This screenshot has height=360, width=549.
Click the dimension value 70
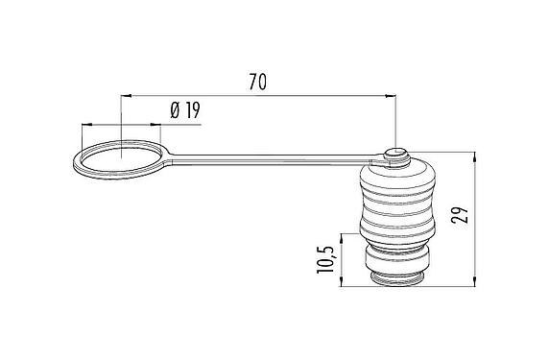256,83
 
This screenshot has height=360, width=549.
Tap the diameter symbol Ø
176,111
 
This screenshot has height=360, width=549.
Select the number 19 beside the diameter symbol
192,111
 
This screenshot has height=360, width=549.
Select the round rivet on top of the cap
395,154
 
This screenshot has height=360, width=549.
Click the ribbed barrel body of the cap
394,206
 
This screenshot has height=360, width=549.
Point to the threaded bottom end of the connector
394,278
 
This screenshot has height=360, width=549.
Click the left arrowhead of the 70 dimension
126,96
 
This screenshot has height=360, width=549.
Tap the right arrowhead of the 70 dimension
393,96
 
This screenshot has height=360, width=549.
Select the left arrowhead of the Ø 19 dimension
85,125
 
